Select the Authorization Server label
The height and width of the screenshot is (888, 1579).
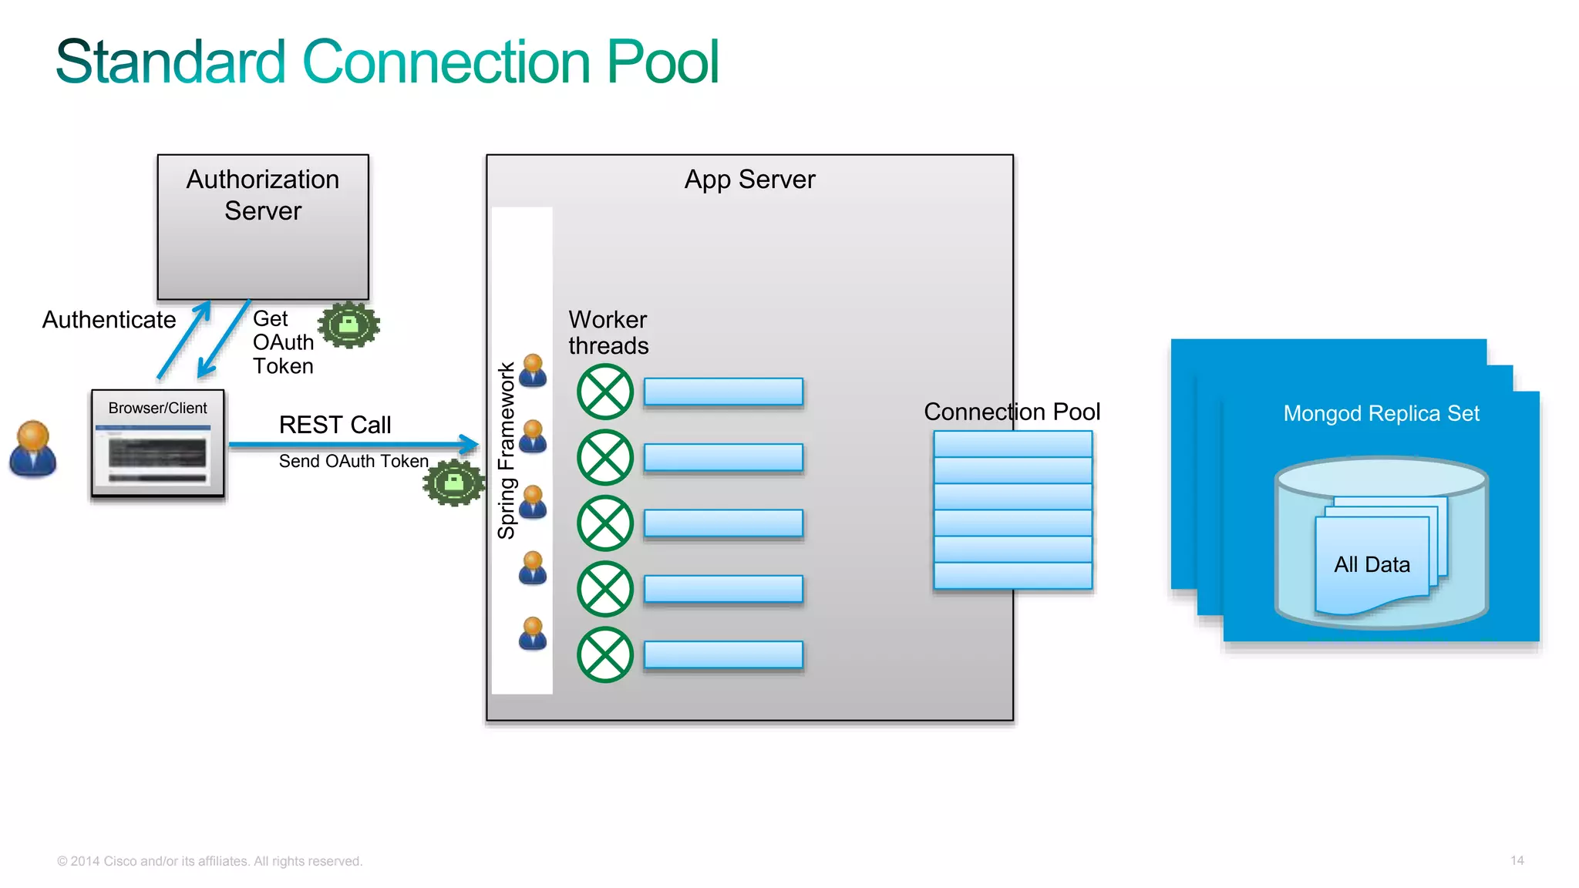263,195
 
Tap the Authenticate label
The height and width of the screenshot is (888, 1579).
109,320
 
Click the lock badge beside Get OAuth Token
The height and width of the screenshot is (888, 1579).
349,325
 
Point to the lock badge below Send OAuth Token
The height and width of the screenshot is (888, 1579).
454,483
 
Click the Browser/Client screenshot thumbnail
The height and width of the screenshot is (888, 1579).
157,455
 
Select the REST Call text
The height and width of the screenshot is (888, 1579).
335,425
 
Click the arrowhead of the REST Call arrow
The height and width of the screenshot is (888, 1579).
470,444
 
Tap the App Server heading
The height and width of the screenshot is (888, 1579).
749,180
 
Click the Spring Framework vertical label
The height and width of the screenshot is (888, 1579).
506,451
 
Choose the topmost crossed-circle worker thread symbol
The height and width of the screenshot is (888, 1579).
605,392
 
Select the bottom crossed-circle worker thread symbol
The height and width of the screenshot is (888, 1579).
605,655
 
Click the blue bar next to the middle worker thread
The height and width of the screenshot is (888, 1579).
723,523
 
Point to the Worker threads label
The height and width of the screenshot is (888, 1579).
608,332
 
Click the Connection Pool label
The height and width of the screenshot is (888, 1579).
1012,412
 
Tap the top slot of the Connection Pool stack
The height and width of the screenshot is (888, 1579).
1012,444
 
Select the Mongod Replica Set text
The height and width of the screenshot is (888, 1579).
1381,414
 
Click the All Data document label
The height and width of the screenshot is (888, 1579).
1372,565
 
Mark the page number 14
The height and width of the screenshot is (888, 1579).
1517,860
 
